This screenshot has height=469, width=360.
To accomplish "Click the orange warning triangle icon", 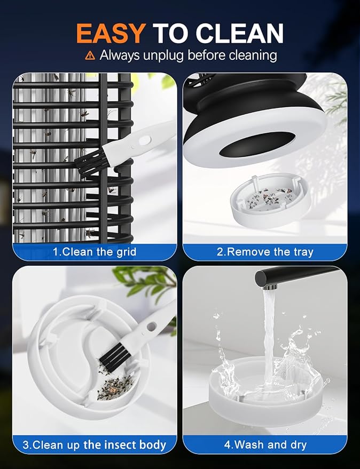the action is pos(90,55).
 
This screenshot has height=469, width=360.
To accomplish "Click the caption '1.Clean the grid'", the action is pos(95,252).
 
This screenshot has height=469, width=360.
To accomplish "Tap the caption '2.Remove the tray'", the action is pos(265,252).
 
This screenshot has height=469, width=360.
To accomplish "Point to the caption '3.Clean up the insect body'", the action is pos(95,445).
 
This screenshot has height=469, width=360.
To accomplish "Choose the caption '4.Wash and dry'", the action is pos(265,445).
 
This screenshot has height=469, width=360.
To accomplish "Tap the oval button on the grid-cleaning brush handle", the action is pos(145,140).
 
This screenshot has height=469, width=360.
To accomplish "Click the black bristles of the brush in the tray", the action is pos(115,357).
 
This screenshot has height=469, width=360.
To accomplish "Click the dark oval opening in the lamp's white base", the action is pos(257,144).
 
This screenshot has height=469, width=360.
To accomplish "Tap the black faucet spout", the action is pos(296,277).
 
